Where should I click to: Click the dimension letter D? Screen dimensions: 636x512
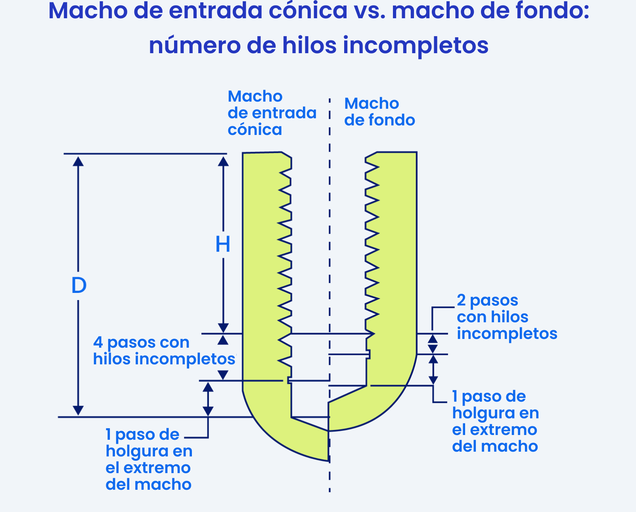(x=79, y=285)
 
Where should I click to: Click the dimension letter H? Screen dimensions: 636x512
(x=223, y=244)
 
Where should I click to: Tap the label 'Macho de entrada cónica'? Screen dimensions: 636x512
(x=272, y=113)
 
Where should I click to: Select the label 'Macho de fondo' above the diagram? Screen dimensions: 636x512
(x=379, y=112)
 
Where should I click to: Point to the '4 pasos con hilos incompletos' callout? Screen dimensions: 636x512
(x=164, y=351)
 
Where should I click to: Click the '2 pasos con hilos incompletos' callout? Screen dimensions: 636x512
(x=507, y=317)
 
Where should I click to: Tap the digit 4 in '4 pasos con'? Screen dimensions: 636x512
(x=98, y=343)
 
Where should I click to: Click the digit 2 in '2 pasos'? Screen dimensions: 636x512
(x=461, y=300)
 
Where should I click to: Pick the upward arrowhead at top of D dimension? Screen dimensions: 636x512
(x=78, y=162)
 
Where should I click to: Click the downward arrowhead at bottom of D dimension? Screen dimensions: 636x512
(x=78, y=410)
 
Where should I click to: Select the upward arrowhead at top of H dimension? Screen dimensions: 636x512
(x=223, y=162)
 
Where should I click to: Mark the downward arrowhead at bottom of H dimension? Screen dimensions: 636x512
(x=223, y=328)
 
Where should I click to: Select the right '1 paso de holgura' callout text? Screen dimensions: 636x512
(x=495, y=421)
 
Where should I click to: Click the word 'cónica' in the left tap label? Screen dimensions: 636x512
(x=255, y=129)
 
